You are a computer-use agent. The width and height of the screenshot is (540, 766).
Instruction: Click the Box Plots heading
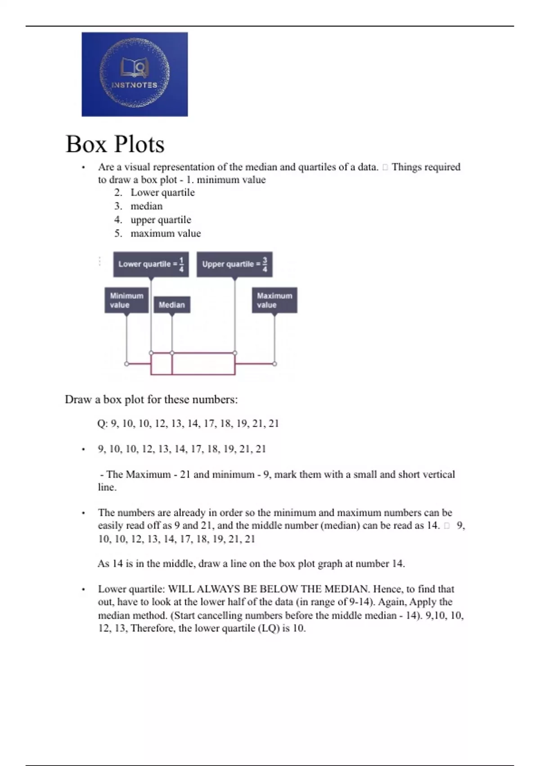115,144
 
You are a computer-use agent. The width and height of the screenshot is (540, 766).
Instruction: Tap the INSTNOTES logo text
134,85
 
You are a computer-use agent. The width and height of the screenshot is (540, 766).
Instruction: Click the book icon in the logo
134,68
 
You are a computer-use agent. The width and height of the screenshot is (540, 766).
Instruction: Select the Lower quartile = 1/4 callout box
151,264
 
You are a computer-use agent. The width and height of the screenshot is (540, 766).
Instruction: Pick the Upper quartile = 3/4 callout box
234,264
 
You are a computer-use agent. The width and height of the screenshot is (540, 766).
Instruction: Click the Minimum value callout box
126,300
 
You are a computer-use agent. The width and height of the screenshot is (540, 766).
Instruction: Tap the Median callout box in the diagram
172,305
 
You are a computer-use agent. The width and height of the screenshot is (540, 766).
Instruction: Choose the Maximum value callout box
274,300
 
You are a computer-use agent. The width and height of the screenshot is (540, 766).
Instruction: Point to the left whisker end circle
126,364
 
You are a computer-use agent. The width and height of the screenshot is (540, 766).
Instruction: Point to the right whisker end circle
274,364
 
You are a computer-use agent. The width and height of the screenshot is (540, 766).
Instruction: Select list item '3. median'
139,206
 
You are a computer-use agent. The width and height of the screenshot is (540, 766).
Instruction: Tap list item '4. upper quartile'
153,220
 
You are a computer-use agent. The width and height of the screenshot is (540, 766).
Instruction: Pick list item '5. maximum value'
157,233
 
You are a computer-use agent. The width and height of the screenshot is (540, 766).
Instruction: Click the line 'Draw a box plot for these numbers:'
151,400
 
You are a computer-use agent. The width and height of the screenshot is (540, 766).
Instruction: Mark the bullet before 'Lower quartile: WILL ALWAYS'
83,589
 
